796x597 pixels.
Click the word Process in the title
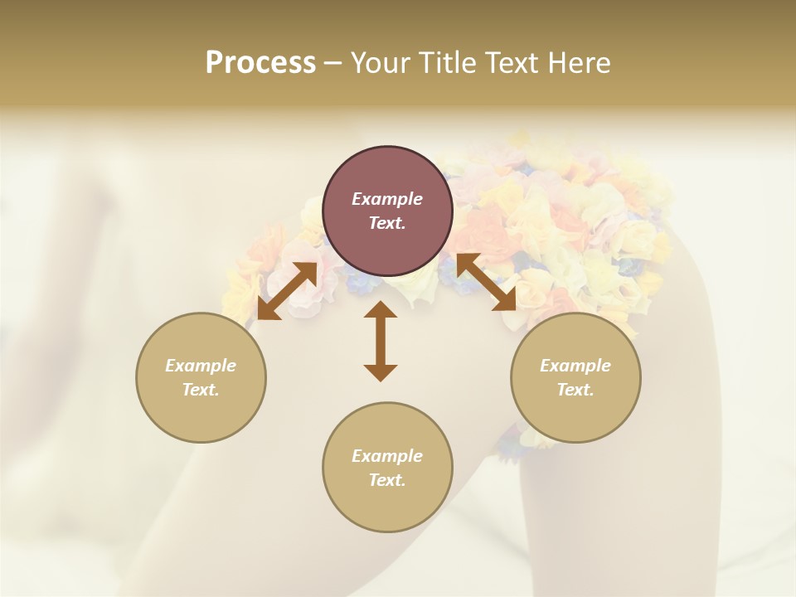click(x=260, y=63)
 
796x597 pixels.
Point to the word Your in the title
click(x=377, y=63)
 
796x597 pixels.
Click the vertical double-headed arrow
click(x=381, y=341)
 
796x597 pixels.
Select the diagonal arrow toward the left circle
click(x=287, y=291)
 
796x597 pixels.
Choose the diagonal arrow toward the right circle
click(x=486, y=283)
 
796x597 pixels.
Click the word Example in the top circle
click(x=387, y=199)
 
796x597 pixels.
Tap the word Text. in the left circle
click(x=201, y=390)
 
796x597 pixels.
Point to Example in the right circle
click(x=575, y=366)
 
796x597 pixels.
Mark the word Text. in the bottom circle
click(x=387, y=480)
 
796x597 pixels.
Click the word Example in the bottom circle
click(x=387, y=456)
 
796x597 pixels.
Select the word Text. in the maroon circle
click(x=387, y=223)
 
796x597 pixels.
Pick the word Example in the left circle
click(x=201, y=366)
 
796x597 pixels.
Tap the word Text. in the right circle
click(x=575, y=390)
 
